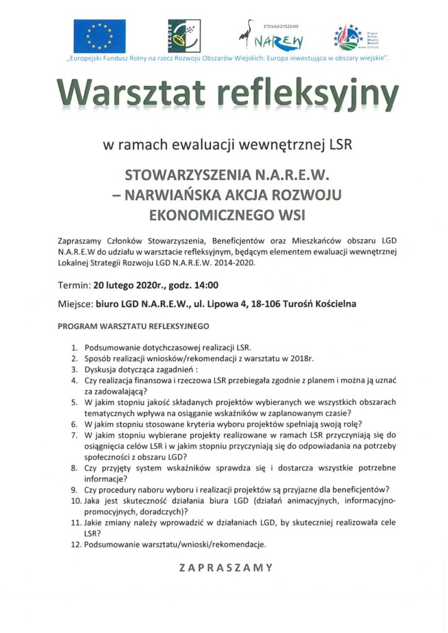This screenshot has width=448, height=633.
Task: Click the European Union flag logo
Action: click(100, 36)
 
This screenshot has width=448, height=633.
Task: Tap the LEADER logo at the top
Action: click(179, 36)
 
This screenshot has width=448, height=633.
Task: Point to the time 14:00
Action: click(204, 286)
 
